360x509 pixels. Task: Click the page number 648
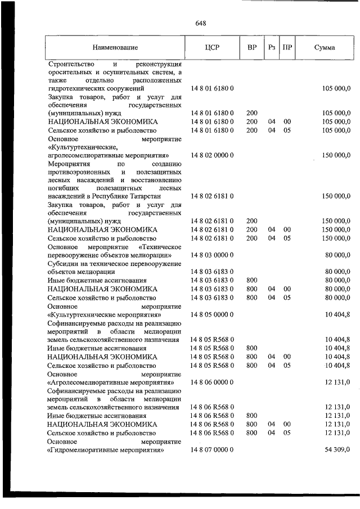pos(201,23)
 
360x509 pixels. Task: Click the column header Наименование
pos(115,48)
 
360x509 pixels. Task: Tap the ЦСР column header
pos(212,48)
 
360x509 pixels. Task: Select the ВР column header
pos(252,48)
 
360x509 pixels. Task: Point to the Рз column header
pos(272,48)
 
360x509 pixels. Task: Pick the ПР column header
pos(287,48)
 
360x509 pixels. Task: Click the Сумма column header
pos(325,48)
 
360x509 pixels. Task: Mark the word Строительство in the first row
pos(71,64)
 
